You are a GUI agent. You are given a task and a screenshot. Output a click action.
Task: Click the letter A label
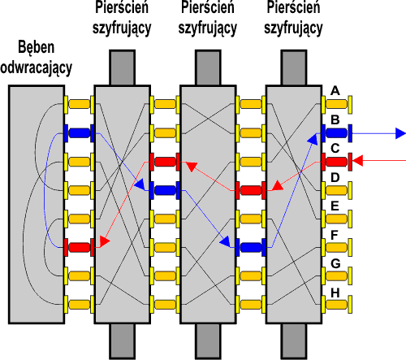pyautogui.click(x=335, y=90)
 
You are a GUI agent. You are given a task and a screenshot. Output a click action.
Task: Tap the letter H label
pyautogui.click(x=335, y=293)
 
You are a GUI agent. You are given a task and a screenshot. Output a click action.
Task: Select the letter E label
pyautogui.click(x=335, y=206)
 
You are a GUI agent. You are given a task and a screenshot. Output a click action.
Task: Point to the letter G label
pyautogui.click(x=335, y=263)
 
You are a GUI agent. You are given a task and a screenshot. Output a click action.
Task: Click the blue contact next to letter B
pyautogui.click(x=336, y=133)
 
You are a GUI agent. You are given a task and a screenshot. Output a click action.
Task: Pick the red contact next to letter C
pyautogui.click(x=336, y=162)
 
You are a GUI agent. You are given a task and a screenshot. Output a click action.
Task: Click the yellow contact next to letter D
pyautogui.click(x=336, y=190)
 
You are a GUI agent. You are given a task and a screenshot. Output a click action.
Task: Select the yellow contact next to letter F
pyautogui.click(x=336, y=248)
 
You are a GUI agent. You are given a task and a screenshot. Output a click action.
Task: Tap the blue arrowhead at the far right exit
pyautogui.click(x=401, y=133)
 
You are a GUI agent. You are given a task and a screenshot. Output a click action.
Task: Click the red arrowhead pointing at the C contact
pyautogui.click(x=357, y=161)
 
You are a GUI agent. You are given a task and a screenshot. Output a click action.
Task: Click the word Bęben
pyautogui.click(x=37, y=48)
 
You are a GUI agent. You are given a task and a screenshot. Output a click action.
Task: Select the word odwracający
pyautogui.click(x=37, y=67)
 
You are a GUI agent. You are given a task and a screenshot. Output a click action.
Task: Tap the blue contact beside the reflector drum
pyautogui.click(x=79, y=133)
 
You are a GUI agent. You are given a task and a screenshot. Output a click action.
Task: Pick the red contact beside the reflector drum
pyautogui.click(x=79, y=248)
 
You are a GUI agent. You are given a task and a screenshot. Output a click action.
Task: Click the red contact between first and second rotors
pyautogui.click(x=165, y=162)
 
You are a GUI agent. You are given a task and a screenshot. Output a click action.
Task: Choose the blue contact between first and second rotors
pyautogui.click(x=165, y=190)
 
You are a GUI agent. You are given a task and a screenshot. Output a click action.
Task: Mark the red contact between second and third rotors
pyautogui.click(x=251, y=190)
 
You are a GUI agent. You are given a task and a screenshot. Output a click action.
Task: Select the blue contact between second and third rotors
pyautogui.click(x=251, y=248)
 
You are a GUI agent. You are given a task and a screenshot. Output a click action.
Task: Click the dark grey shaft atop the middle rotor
pyautogui.click(x=208, y=67)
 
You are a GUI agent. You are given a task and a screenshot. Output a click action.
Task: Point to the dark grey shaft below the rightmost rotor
pyautogui.click(x=294, y=341)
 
